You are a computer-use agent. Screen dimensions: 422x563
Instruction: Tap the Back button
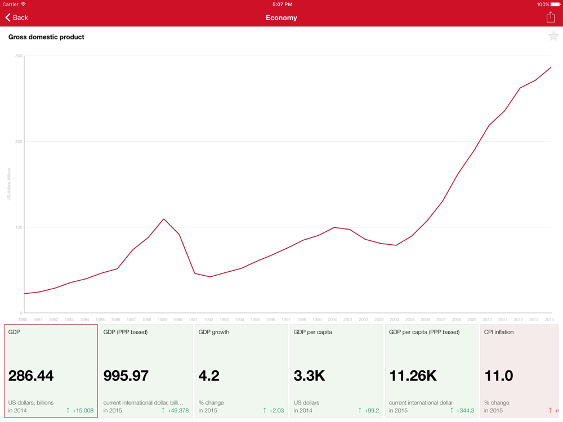pos(17,17)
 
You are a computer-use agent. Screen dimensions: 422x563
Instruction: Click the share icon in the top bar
pos(551,17)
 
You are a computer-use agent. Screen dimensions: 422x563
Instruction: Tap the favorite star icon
pos(553,37)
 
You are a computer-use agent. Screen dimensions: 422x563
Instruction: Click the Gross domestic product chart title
pos(46,37)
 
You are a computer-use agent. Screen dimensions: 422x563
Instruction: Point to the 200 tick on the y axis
pos(19,142)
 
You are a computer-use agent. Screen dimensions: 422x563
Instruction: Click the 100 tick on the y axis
pos(19,227)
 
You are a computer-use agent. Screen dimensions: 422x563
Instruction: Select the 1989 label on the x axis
pos(162,320)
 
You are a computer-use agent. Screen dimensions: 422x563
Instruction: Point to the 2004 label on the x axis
pos(395,320)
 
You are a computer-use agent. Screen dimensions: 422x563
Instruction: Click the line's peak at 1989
pos(164,219)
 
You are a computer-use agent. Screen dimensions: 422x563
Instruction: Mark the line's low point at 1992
pos(210,277)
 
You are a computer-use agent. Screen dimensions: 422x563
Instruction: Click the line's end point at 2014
pos(551,68)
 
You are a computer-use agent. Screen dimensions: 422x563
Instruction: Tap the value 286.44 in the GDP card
pos(31,376)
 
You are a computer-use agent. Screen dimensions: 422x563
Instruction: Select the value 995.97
pos(126,376)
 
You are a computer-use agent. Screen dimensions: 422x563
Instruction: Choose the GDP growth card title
pos(214,332)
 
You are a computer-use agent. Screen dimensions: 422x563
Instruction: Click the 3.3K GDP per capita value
pos(309,376)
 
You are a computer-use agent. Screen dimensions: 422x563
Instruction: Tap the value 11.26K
pos(413,376)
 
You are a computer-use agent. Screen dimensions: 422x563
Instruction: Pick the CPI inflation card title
pos(499,332)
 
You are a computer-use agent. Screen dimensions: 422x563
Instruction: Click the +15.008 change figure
pos(82,411)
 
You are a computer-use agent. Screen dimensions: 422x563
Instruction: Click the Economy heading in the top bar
pos(281,17)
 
